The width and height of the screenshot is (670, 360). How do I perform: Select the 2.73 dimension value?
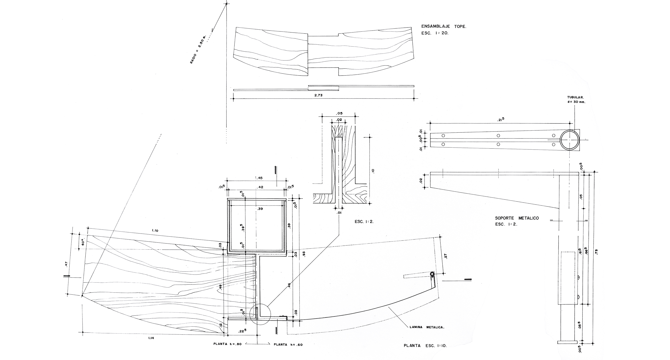(318, 95)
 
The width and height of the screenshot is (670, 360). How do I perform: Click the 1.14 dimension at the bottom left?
(150, 338)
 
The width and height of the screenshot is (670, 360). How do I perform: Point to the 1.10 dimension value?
(155, 230)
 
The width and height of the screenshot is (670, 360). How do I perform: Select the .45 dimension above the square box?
(259, 178)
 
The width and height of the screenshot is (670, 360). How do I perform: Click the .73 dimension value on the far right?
(596, 252)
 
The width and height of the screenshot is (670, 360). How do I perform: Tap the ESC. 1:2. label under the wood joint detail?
(364, 222)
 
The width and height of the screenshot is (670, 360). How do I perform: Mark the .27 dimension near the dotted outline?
(446, 256)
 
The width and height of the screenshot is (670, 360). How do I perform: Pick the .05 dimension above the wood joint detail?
(339, 113)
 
